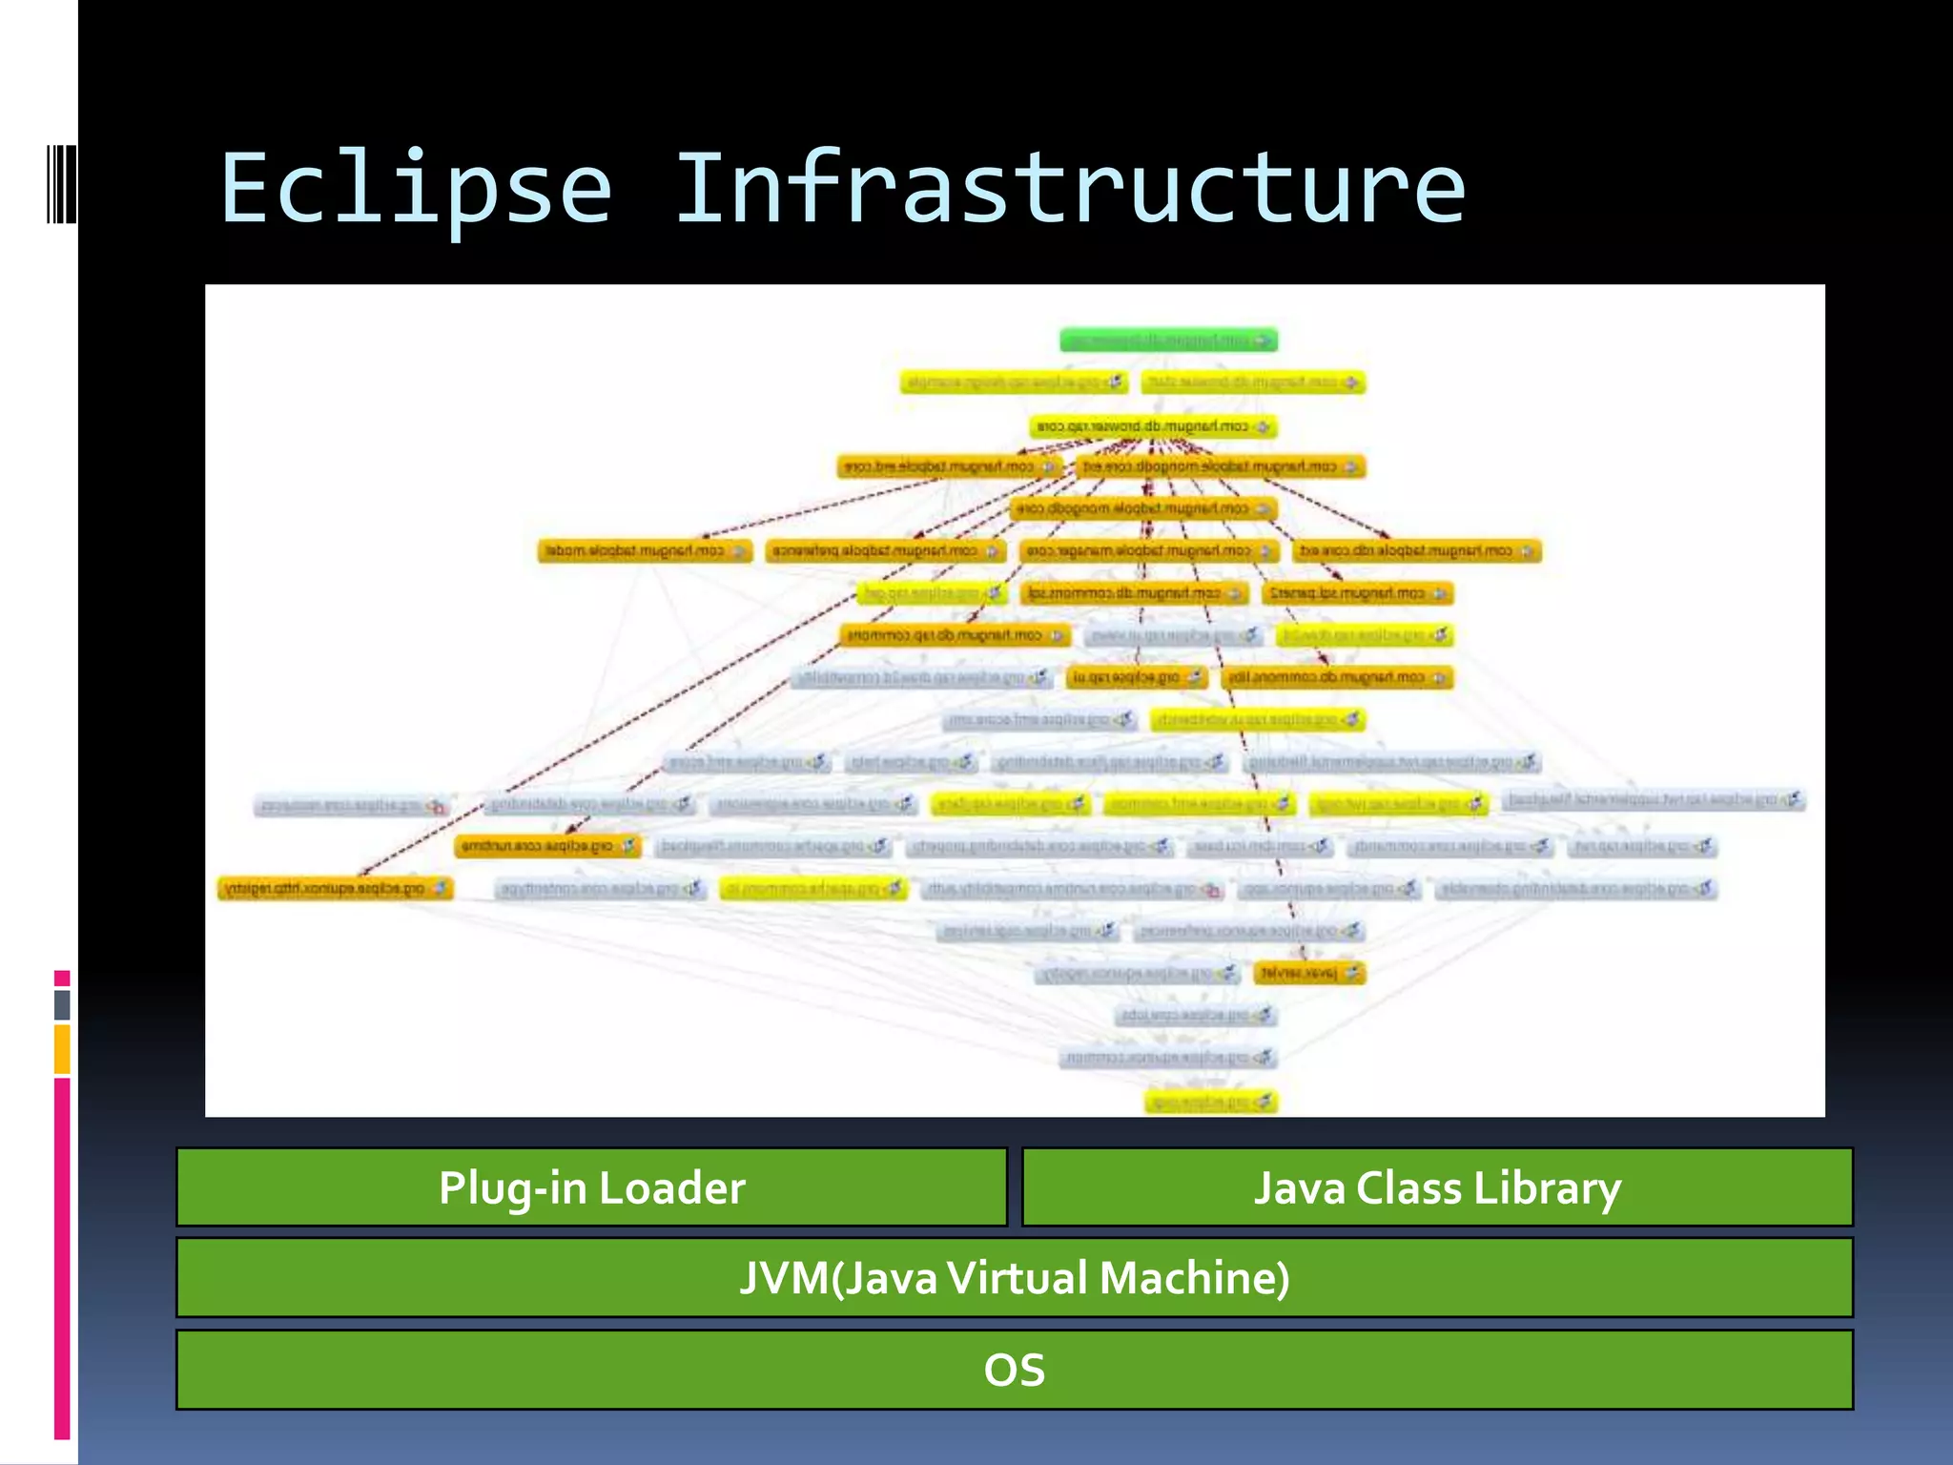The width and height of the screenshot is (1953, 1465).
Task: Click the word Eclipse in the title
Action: click(416, 189)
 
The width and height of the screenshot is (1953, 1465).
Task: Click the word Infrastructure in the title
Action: click(1070, 189)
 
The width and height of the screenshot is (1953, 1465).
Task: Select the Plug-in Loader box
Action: click(591, 1186)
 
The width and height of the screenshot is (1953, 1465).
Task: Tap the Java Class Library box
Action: click(1436, 1186)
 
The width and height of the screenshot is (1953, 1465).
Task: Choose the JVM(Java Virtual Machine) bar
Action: click(1014, 1277)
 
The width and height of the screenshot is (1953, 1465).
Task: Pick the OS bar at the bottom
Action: click(1014, 1369)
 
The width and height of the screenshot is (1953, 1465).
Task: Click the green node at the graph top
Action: click(1168, 340)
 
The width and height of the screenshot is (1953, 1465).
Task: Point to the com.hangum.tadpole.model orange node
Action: click(645, 551)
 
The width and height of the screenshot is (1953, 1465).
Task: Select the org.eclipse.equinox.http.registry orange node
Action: click(335, 889)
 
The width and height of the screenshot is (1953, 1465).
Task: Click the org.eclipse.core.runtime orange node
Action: click(547, 846)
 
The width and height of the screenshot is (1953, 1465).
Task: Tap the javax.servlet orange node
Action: click(1308, 973)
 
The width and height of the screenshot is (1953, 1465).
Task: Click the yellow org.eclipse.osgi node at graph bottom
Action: click(1210, 1102)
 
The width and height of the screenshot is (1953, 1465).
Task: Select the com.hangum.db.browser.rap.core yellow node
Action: click(1153, 426)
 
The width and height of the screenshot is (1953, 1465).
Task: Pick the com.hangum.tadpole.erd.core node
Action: click(950, 467)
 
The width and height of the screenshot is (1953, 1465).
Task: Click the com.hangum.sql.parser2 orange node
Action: click(1357, 593)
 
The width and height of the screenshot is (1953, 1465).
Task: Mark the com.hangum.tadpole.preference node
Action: click(885, 551)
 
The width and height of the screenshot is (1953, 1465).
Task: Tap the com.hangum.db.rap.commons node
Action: click(955, 635)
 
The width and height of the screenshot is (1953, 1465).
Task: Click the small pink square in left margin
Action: click(62, 979)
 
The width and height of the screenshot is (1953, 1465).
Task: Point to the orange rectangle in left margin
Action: click(62, 1049)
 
